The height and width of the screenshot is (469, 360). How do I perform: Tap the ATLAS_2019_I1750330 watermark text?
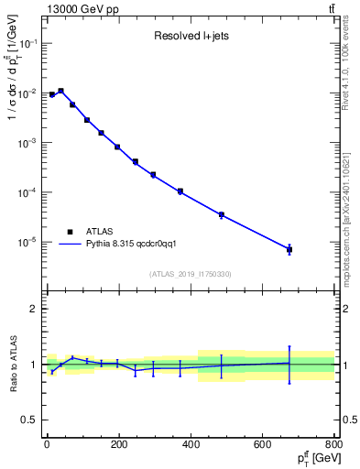click(191, 274)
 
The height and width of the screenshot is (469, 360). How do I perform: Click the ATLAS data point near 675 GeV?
click(289, 249)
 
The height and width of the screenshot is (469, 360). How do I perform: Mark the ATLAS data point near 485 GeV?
click(221, 214)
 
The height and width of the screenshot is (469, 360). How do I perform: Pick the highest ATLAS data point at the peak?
click(60, 91)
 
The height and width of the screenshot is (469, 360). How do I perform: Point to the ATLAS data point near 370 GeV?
click(180, 191)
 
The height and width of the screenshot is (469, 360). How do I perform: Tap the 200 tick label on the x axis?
click(119, 446)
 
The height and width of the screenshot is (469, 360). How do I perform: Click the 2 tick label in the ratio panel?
click(34, 309)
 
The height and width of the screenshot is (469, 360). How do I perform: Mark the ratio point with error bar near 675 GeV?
click(289, 363)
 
